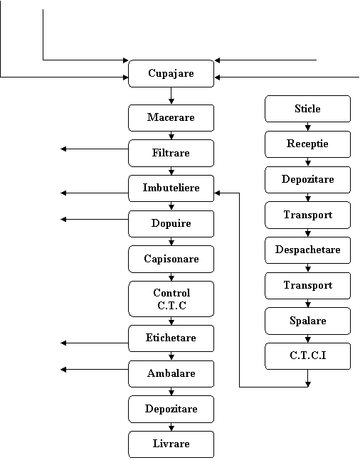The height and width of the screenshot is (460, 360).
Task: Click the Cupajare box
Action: tap(171, 74)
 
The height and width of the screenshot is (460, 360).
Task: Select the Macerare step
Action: tap(171, 117)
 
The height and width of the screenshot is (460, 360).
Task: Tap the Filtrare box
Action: tap(171, 153)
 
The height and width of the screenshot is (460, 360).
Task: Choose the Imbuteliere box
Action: tap(171, 188)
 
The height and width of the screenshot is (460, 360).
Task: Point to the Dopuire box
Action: tap(171, 224)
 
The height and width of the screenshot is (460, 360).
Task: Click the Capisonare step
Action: tap(171, 259)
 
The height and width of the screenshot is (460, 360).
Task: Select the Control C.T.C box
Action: tap(171, 299)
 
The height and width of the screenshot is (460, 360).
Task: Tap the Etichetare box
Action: tap(171, 338)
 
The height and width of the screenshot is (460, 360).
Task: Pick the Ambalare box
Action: tap(171, 374)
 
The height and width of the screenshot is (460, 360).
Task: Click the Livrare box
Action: tap(171, 444)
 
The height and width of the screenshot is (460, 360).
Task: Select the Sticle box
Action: tap(308, 109)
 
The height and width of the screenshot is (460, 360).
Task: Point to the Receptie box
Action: tap(308, 144)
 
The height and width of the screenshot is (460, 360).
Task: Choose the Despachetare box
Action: tap(308, 250)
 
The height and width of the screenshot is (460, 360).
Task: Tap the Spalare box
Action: tap(308, 321)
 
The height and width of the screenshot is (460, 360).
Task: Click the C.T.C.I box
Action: tap(308, 356)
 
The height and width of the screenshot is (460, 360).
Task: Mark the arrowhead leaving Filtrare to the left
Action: tap(63, 149)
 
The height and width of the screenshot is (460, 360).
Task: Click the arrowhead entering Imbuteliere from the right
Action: tap(217, 193)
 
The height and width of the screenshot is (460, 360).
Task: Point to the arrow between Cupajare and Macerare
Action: tap(171, 96)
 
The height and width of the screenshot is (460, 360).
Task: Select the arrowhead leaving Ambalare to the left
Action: tap(63, 370)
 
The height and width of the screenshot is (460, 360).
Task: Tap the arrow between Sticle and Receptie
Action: tap(308, 127)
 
